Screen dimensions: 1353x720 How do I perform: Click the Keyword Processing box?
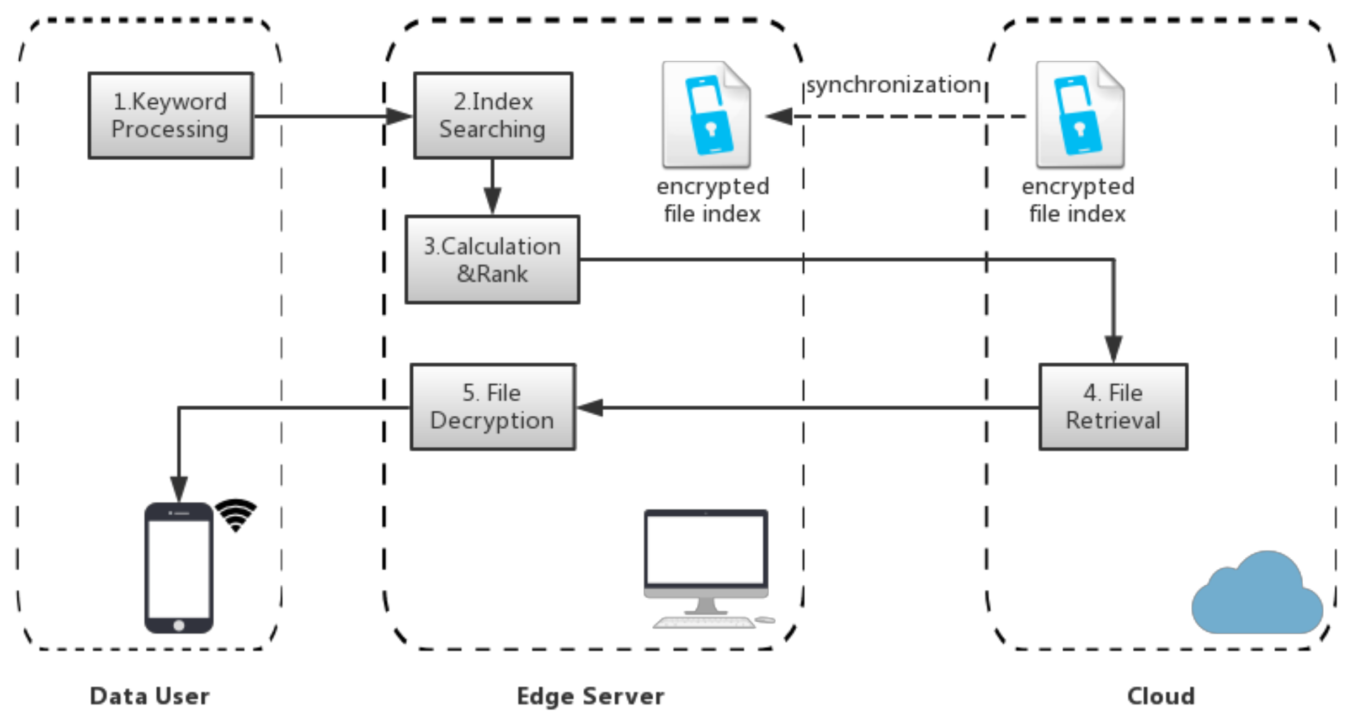click(171, 115)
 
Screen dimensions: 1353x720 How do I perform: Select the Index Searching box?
click(493, 115)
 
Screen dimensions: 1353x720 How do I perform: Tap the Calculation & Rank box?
click(492, 260)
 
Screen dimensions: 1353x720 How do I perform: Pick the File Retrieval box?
click(1113, 407)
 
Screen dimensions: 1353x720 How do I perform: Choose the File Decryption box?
click(493, 407)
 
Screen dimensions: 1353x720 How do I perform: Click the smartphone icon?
click(179, 568)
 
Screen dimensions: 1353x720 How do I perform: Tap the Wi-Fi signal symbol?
click(236, 515)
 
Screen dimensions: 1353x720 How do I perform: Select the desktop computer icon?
click(708, 569)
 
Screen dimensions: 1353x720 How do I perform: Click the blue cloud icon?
click(1257, 592)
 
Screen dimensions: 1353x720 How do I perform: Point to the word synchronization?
click(893, 85)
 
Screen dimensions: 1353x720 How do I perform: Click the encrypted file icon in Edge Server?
click(706, 114)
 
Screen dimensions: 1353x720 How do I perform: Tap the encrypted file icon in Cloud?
click(1080, 114)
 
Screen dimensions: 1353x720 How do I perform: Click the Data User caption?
click(150, 696)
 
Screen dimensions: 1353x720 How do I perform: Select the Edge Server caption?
click(590, 696)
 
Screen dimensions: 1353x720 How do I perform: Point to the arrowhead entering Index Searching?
click(399, 116)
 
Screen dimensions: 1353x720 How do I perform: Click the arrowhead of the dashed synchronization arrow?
click(779, 116)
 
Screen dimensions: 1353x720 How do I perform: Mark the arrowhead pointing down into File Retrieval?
click(1114, 349)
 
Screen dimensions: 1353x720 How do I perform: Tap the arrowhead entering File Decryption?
click(589, 407)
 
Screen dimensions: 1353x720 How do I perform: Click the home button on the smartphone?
click(179, 626)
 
